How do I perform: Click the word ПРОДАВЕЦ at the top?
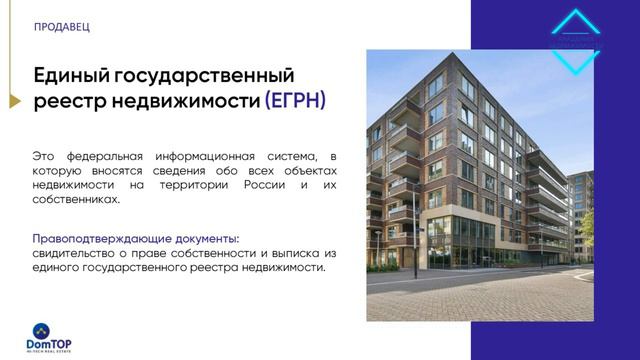pyautogui.click(x=61, y=26)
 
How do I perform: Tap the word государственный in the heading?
pyautogui.click(x=206, y=76)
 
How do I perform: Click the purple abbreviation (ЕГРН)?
pyautogui.click(x=295, y=102)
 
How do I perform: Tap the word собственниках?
pyautogui.click(x=75, y=199)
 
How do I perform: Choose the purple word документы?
pyautogui.click(x=205, y=239)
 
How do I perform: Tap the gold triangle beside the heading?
pyautogui.click(x=14, y=101)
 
